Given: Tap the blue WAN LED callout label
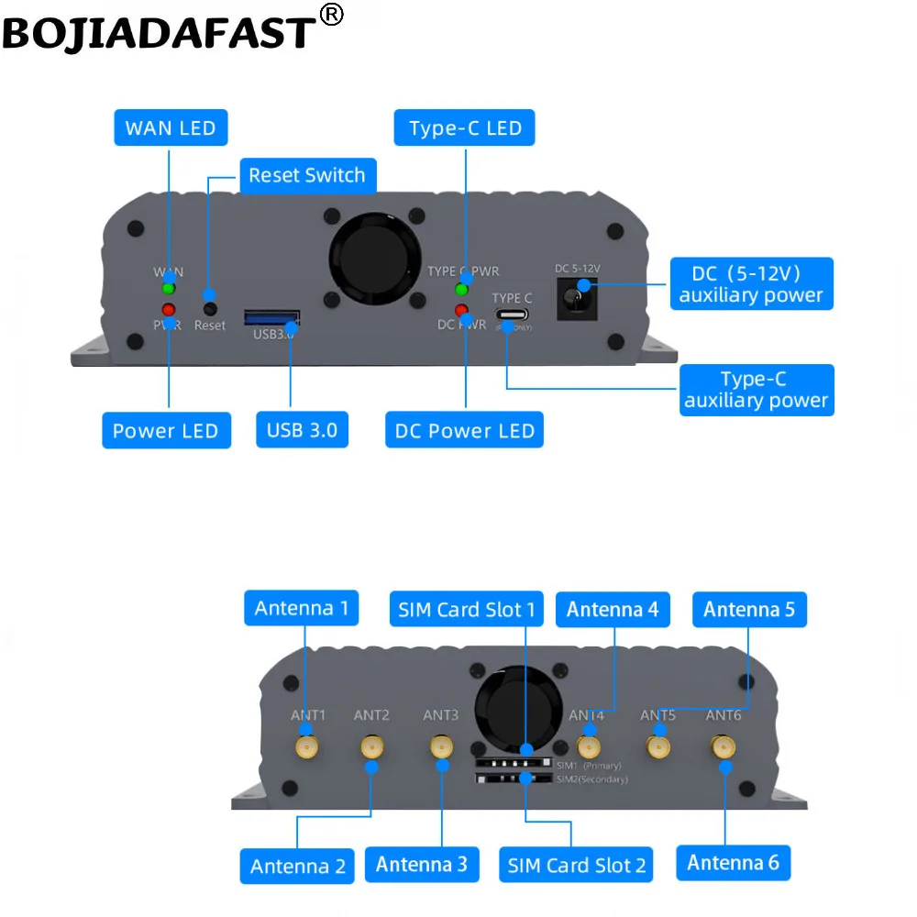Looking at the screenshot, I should (x=170, y=127).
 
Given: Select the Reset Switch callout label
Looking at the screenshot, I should (x=306, y=175).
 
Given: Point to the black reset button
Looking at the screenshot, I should (x=210, y=309).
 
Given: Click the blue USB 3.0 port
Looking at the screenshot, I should (x=271, y=318).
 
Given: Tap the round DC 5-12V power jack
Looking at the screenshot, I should (x=576, y=294).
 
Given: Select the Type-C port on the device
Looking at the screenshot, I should (x=513, y=315).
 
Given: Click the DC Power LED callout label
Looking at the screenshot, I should (x=464, y=430).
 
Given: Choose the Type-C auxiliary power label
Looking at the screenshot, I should (x=756, y=390).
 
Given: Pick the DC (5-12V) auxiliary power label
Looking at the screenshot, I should (x=750, y=284).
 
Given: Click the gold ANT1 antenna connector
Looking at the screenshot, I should (x=306, y=747).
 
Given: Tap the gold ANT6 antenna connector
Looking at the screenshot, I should (x=724, y=748).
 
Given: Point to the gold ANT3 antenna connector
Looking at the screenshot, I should (x=441, y=747).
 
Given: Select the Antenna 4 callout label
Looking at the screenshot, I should (x=612, y=609).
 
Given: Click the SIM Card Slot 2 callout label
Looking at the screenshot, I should (x=576, y=865).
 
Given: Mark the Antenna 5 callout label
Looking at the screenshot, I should (x=748, y=609).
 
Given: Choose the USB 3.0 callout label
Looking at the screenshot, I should (x=302, y=430).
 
